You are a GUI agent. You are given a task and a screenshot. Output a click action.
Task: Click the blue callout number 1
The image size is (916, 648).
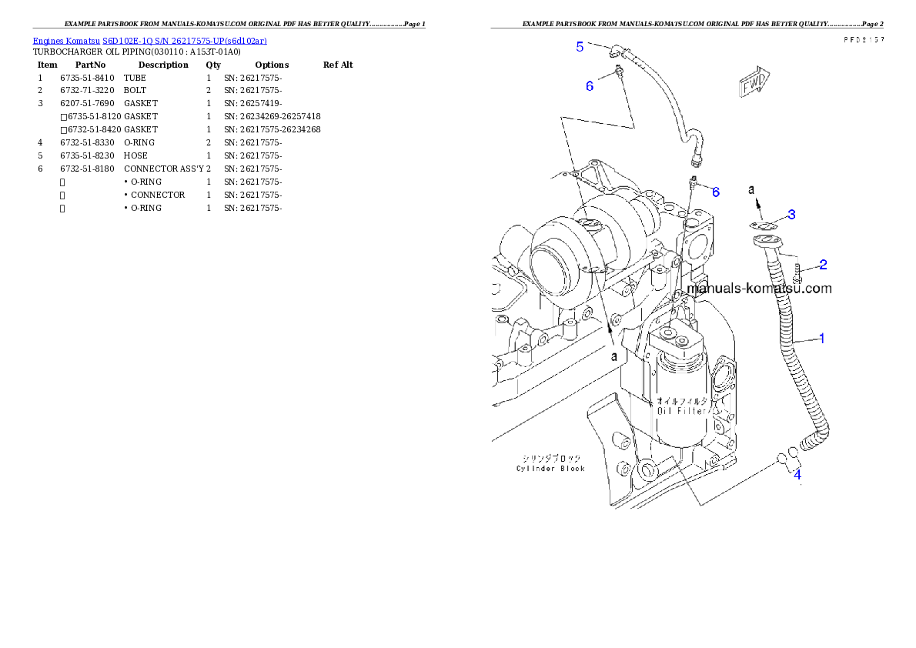(x=821, y=338)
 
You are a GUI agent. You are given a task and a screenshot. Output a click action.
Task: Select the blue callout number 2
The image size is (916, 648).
(x=823, y=265)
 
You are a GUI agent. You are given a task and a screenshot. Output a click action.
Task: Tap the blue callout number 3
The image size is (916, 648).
(x=791, y=213)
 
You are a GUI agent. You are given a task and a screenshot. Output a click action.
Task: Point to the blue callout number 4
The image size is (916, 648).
(x=797, y=475)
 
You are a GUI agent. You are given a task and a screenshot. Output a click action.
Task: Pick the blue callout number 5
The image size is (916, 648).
(x=580, y=47)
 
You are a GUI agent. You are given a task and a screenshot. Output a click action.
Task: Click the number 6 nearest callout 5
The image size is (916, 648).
(x=590, y=86)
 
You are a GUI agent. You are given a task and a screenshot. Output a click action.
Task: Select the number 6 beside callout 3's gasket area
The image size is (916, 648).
(x=715, y=192)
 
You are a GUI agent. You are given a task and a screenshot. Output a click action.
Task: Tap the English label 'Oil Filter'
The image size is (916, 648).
(x=683, y=411)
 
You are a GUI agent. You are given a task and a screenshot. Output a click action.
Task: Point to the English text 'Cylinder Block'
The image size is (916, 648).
(x=550, y=468)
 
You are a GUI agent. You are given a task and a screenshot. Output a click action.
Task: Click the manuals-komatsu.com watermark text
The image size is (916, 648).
(x=759, y=289)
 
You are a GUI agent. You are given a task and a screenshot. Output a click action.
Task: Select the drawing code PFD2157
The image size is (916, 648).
(x=863, y=39)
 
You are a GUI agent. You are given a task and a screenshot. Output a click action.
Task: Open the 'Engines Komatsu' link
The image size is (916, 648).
(x=67, y=41)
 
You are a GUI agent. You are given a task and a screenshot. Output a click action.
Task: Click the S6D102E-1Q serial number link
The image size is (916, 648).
(x=185, y=41)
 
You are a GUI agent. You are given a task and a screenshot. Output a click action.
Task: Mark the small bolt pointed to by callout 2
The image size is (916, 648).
(x=797, y=273)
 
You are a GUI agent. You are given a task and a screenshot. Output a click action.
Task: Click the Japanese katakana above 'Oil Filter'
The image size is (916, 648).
(x=681, y=401)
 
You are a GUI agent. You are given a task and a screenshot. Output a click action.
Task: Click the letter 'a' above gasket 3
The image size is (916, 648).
(x=754, y=189)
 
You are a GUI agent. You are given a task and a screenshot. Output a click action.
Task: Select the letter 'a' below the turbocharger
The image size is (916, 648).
(x=614, y=356)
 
